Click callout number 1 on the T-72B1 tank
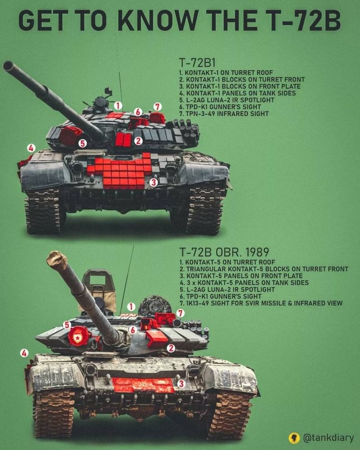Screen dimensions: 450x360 coord(118,105)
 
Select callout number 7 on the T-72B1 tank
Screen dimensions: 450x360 coord(157,106)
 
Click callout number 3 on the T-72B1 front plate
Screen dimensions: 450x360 coord(153,182)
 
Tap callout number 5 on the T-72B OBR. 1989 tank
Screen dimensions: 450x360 coord(67,325)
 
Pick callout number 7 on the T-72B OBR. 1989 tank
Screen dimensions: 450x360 coord(180,313)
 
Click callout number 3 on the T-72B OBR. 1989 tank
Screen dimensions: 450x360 coord(181,383)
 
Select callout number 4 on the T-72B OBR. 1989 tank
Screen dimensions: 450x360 coord(24,352)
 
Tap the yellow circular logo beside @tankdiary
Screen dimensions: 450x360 coord(294,438)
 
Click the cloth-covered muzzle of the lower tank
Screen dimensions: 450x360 coord(57,259)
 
